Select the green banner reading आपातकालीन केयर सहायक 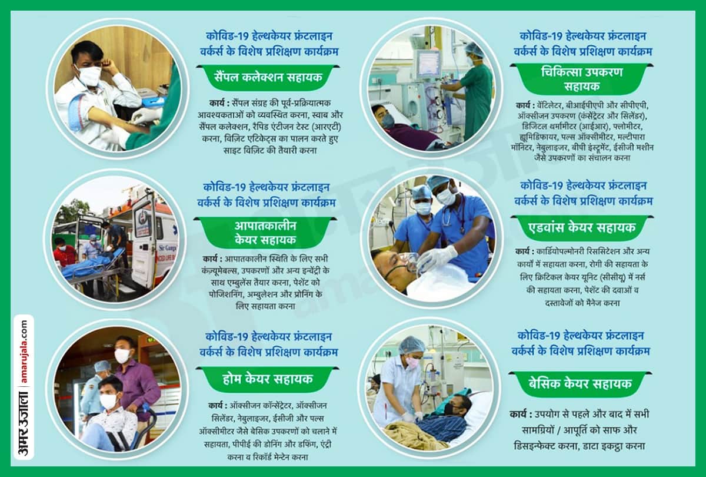(265, 233)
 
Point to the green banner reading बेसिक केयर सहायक (580, 384)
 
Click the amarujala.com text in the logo (24, 352)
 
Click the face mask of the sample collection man (89, 75)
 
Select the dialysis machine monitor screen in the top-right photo (428, 63)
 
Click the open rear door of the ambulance (143, 236)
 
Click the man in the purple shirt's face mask (122, 356)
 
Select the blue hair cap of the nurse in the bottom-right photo (411, 345)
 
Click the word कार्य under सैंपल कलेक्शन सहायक (219, 102)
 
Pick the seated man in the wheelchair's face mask (109, 402)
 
